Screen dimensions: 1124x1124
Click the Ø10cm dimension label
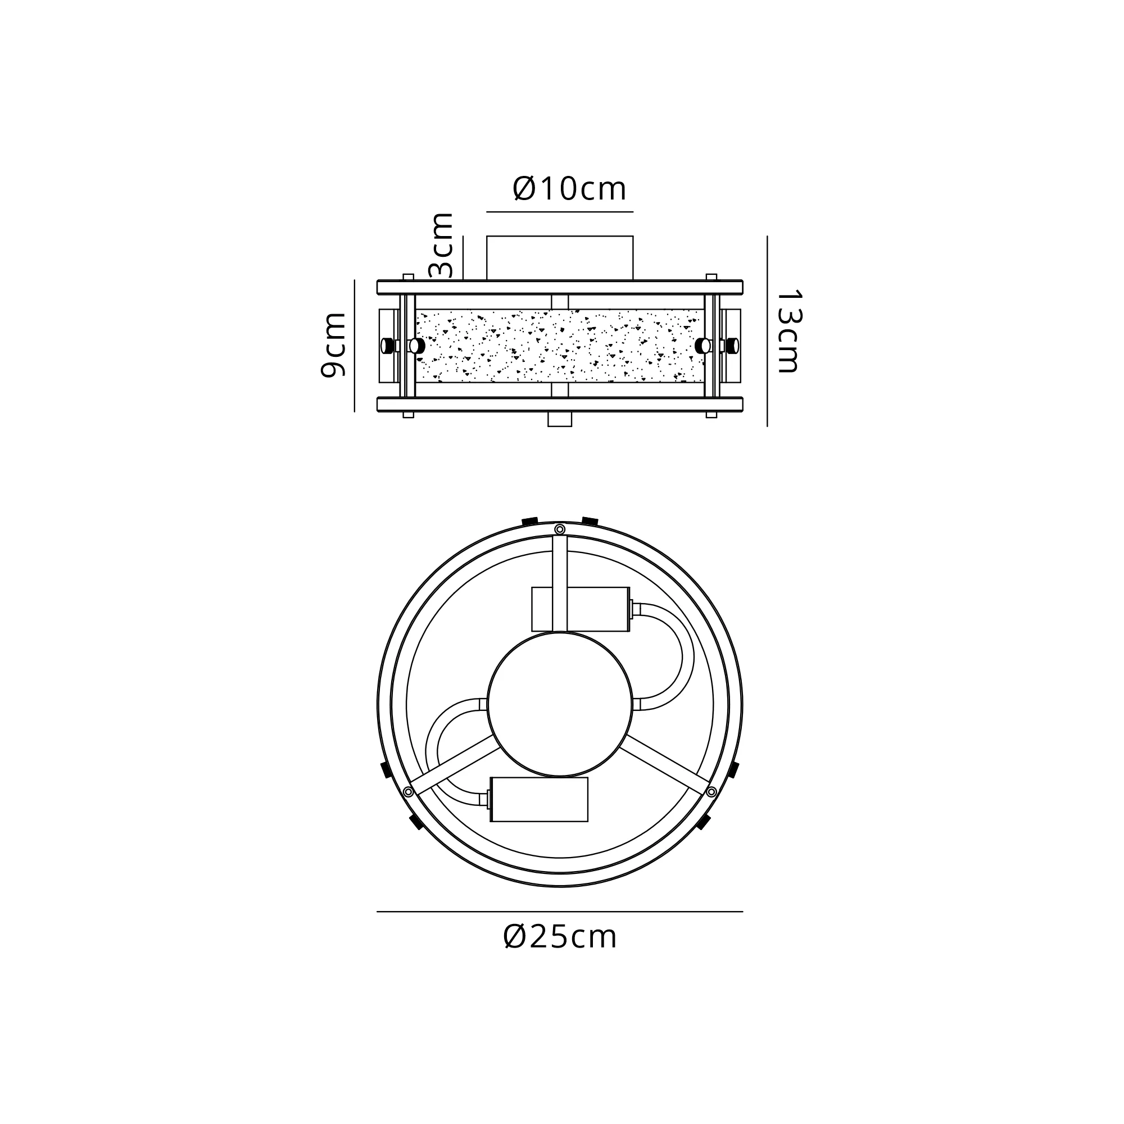pos(569,189)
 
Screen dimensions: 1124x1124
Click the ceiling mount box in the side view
pos(560,259)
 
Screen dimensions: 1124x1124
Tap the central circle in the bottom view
pos(560,705)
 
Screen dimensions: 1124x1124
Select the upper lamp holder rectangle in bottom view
pos(581,609)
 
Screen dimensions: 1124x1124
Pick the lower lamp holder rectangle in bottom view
pos(539,799)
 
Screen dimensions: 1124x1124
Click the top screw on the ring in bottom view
pos(560,529)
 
